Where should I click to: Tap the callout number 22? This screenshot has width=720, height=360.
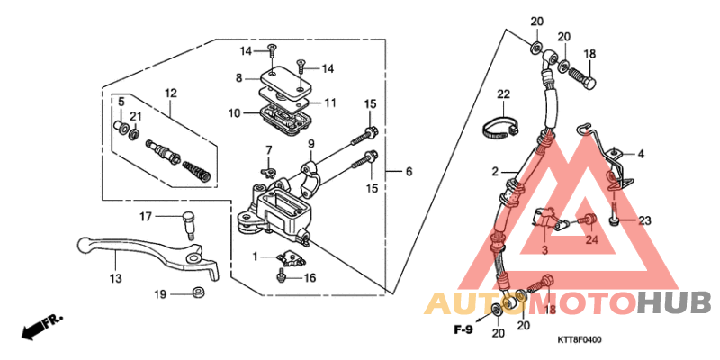tap(503, 94)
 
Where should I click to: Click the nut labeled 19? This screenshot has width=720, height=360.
tap(195, 293)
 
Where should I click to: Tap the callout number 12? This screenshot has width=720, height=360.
tap(170, 93)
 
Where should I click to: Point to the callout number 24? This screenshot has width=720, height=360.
tap(591, 239)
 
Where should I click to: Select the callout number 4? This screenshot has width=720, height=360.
tap(642, 154)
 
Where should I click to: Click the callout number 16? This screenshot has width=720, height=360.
tap(310, 278)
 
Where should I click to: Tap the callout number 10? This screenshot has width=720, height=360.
tap(233, 113)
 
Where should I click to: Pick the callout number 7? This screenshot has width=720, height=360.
tap(267, 148)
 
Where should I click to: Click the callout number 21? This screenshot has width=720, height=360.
tap(136, 116)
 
